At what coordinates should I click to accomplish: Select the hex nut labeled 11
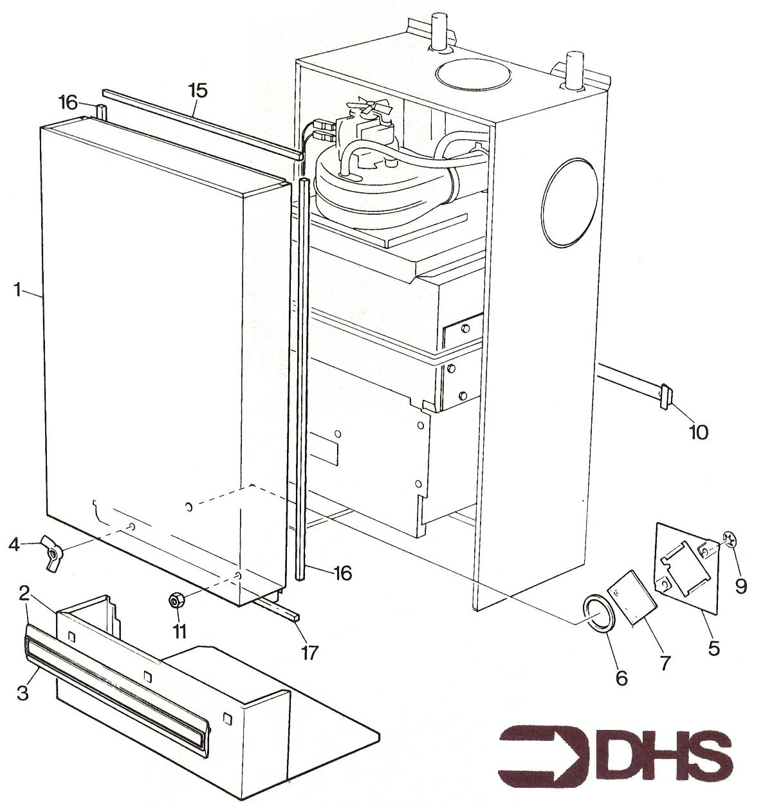click(176, 600)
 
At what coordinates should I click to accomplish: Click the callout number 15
click(198, 91)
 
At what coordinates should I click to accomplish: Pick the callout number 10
click(698, 432)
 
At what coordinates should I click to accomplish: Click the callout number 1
click(17, 289)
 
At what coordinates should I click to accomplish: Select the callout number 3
click(23, 692)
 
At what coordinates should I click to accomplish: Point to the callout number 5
click(713, 648)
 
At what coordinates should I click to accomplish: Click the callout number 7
click(665, 664)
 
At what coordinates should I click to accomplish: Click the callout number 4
click(14, 545)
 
